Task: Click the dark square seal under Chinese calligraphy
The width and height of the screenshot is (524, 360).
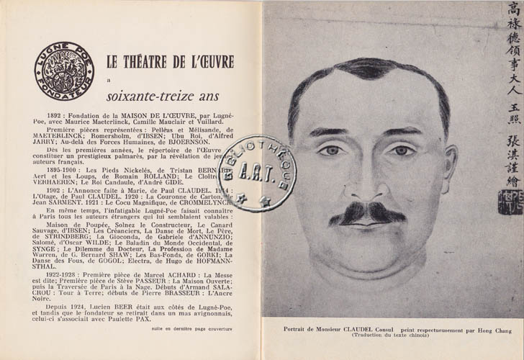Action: coord(510,203)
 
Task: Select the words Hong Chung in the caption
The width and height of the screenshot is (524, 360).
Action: coord(489,330)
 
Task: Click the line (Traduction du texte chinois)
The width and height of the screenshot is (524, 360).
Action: coord(392,336)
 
